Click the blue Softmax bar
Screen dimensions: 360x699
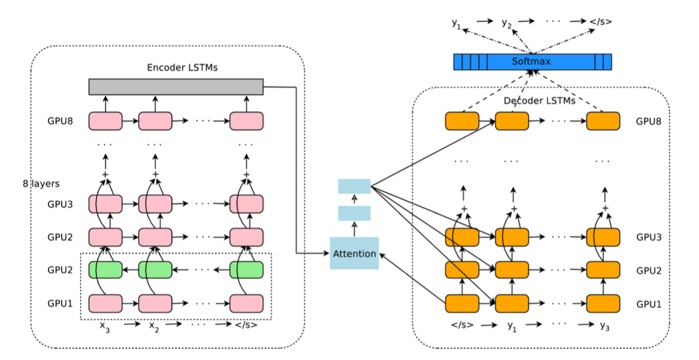[x=532, y=62]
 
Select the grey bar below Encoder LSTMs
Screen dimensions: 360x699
[x=176, y=86]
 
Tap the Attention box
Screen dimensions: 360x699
[x=354, y=253]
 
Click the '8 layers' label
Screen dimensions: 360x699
[x=41, y=184]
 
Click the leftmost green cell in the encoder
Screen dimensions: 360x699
[x=105, y=270]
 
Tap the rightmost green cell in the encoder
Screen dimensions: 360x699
[x=246, y=270]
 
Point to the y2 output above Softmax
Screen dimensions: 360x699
[x=507, y=23]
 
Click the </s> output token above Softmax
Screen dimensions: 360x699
[x=601, y=23]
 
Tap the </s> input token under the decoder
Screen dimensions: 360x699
[x=462, y=325]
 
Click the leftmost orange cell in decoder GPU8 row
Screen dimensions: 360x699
[x=462, y=121]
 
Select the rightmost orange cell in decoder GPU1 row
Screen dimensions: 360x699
[x=603, y=303]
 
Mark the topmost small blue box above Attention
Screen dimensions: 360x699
[x=354, y=186]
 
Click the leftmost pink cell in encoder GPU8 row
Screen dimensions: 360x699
[x=105, y=121]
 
